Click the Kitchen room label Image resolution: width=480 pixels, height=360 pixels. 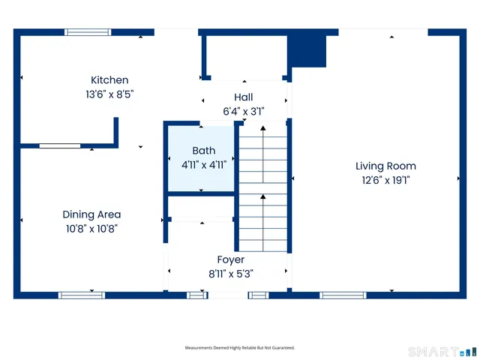(x=109, y=80)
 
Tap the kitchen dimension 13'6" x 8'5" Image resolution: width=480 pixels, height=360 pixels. (x=109, y=94)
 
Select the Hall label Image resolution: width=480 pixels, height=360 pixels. (x=243, y=97)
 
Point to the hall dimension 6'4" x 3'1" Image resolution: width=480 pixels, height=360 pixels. (x=243, y=111)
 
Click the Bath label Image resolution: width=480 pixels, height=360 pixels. (x=203, y=151)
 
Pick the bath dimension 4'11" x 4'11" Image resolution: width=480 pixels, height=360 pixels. (x=203, y=165)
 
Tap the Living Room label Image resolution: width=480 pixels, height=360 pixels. (x=385, y=166)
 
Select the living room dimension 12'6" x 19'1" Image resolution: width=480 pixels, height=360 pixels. (x=385, y=180)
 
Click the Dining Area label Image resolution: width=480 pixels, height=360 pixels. (x=91, y=214)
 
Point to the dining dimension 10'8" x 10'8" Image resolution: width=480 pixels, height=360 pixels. (x=91, y=229)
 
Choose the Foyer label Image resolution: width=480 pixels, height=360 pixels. (x=230, y=259)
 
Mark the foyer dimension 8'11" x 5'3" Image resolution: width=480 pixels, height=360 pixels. (x=230, y=274)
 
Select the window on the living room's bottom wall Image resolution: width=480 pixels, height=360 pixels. (x=343, y=295)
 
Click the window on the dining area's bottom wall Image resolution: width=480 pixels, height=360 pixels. (x=82, y=295)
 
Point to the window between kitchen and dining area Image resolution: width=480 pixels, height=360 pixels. (x=60, y=145)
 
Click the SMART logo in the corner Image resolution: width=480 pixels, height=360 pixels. (x=442, y=351)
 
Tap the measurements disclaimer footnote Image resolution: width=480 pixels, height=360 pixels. (x=240, y=348)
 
